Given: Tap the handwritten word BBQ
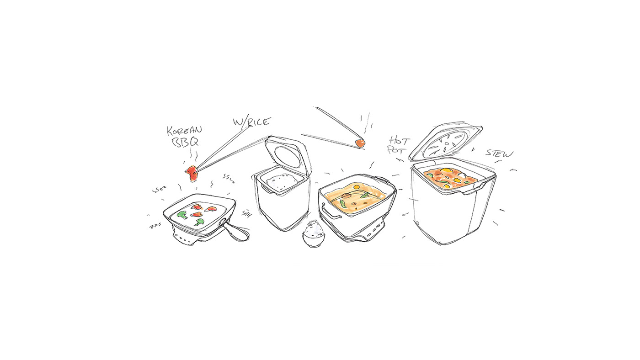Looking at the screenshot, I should coord(185,142).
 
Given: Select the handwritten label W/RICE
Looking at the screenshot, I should coord(252,122).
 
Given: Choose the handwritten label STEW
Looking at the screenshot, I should coord(499,153).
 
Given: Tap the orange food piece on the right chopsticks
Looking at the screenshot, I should coord(361,143).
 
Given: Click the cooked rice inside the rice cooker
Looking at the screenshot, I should coord(280,182).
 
